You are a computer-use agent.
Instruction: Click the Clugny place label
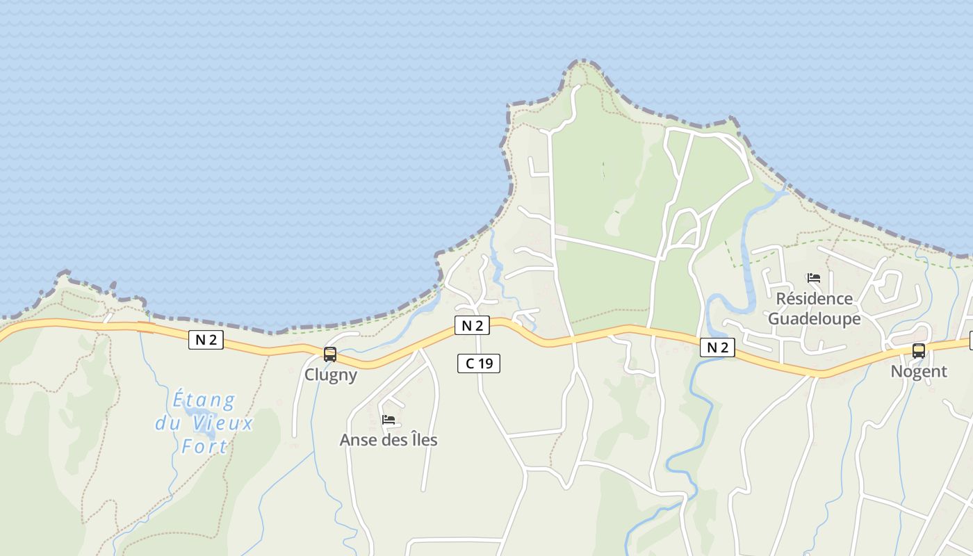point(331,375)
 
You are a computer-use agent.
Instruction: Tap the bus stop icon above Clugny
point(330,354)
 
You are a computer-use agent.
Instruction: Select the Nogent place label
point(919,371)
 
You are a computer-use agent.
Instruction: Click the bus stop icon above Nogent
point(919,351)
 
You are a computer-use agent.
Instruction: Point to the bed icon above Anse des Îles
point(389,420)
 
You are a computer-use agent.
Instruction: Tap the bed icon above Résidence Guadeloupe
point(814,278)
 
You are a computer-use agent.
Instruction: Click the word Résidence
point(815,299)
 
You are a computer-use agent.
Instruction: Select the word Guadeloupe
point(815,318)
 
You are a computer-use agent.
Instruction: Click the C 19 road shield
point(479,363)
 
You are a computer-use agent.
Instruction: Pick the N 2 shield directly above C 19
point(472,325)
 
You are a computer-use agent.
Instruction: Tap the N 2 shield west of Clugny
point(206,340)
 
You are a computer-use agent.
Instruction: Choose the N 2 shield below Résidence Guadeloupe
point(717,347)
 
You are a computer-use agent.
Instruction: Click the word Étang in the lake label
point(204,400)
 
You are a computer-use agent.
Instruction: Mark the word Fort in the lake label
point(204,446)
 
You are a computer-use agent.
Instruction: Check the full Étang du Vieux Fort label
point(204,423)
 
